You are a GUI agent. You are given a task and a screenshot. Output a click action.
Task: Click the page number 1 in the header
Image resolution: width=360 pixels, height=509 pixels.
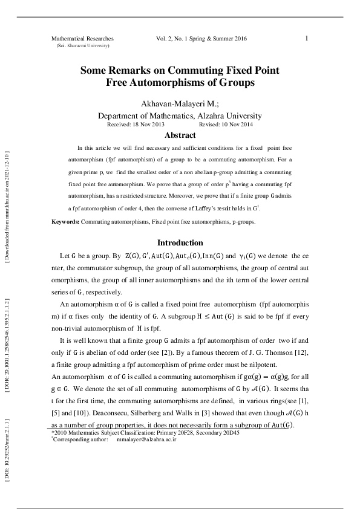pos(307,38)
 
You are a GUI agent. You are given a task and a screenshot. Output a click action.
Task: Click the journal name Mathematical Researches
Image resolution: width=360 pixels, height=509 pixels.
pos(82,39)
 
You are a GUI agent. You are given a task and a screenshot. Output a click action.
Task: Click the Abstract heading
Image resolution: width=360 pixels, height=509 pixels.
pos(180,135)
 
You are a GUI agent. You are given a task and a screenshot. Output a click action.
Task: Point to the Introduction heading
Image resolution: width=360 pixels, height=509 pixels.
pos(180,243)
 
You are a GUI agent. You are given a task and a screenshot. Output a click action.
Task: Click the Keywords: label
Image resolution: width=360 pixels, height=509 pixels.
pos(65,222)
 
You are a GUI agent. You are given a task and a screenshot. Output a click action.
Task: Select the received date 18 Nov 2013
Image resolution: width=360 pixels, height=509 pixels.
pos(146,124)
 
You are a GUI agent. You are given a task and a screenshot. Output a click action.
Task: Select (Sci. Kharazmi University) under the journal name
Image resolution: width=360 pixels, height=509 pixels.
pos(83,46)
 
